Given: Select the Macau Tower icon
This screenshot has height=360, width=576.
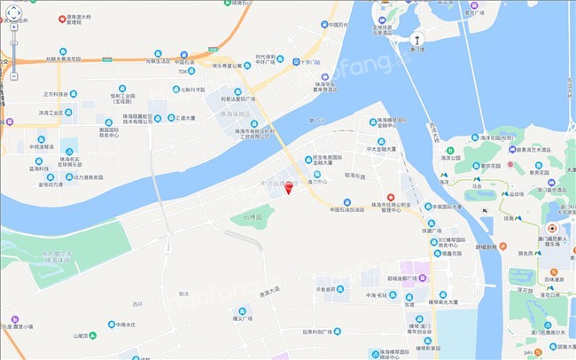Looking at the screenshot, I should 416,39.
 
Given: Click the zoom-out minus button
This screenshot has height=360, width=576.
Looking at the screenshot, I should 14,76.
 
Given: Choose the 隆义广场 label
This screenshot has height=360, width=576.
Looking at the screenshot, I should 242,318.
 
